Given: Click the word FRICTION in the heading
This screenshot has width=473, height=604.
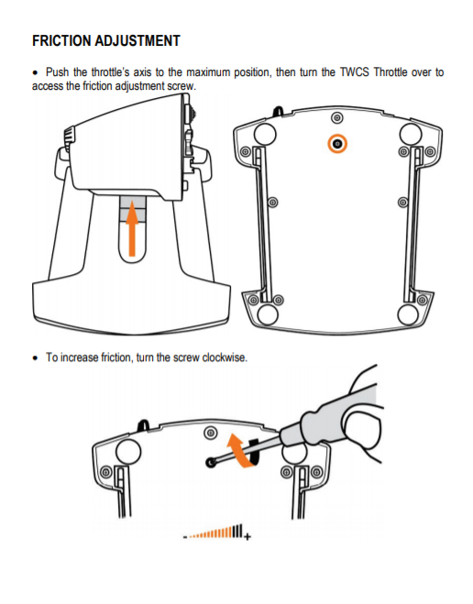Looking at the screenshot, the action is [60, 41].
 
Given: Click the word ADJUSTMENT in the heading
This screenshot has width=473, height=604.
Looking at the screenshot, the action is [137, 41].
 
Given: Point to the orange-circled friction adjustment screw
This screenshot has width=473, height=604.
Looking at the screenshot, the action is [337, 144].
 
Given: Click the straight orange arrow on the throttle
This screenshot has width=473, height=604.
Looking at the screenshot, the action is [132, 228].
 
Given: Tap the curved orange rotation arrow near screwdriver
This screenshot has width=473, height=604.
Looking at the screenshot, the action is [242, 450].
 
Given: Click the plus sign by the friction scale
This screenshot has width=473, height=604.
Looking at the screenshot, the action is [247, 536].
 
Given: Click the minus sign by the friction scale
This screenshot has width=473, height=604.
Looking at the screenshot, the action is [185, 536].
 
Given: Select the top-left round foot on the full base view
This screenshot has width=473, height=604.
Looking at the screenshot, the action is [265, 134].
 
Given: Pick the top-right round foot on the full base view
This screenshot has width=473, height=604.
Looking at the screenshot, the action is [411, 134].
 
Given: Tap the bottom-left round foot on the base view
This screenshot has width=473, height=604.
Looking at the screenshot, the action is [268, 314].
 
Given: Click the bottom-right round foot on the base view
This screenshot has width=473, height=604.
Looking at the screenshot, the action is [408, 314].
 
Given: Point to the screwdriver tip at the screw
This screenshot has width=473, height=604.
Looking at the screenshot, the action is [211, 461].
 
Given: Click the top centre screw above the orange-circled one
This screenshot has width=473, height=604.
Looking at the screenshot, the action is [337, 117].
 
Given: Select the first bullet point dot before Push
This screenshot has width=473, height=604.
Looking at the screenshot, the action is [36, 72].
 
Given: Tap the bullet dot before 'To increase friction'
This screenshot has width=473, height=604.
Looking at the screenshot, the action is [36, 357].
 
